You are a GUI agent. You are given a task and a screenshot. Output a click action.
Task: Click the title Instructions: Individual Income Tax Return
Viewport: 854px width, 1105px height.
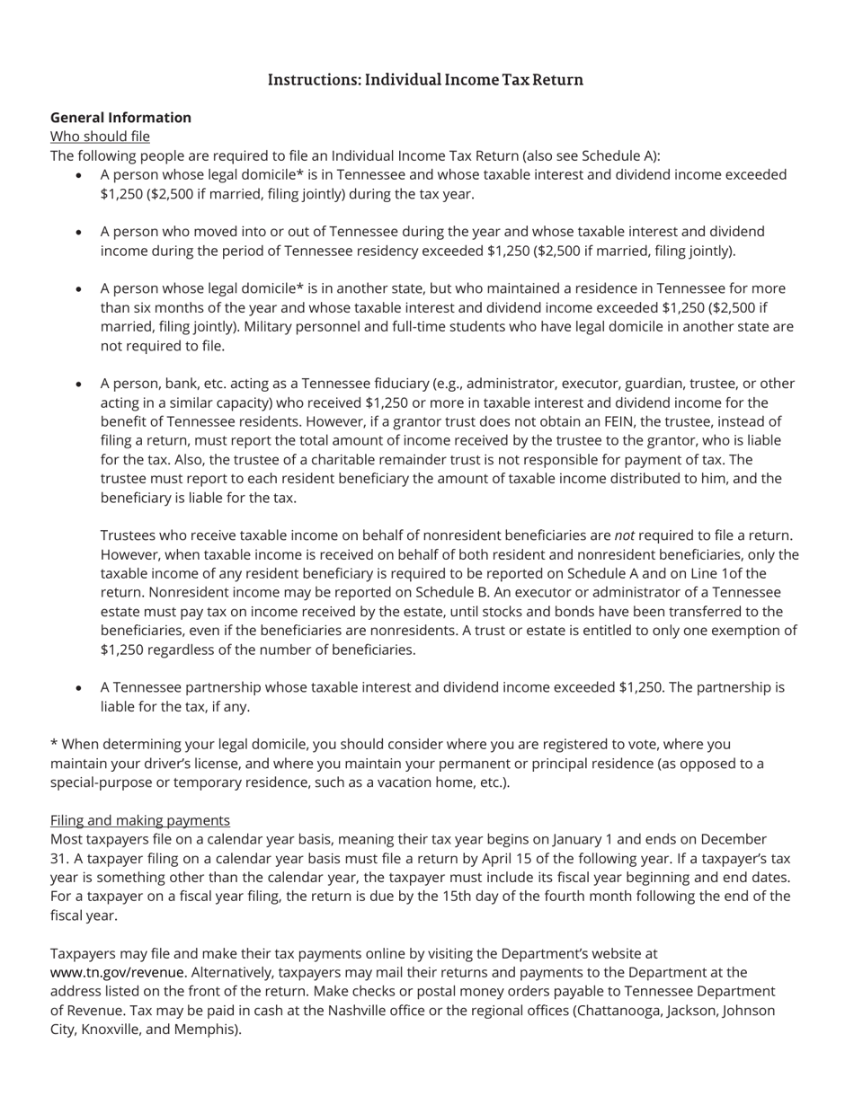pyautogui.click(x=425, y=80)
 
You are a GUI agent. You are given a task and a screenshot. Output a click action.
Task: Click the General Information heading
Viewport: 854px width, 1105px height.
pyautogui.click(x=120, y=118)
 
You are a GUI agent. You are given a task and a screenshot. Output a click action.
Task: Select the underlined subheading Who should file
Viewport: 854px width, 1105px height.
pyautogui.click(x=100, y=137)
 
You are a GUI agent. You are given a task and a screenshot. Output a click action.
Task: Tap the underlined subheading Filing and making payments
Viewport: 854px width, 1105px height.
pyautogui.click(x=140, y=820)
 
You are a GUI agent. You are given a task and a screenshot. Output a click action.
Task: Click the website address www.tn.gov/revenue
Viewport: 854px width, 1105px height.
pyautogui.click(x=118, y=973)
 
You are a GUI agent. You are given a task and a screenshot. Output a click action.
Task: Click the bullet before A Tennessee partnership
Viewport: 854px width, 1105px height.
pyautogui.click(x=79, y=688)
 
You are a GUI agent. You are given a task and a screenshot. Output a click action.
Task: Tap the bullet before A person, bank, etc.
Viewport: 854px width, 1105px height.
pyautogui.click(x=79, y=385)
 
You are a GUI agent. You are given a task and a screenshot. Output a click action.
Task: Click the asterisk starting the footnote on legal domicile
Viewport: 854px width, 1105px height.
pyautogui.click(x=54, y=745)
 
